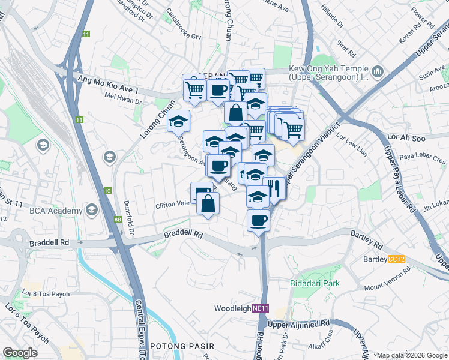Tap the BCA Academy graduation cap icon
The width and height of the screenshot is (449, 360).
[x=91, y=211]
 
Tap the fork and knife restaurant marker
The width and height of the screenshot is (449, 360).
[x=274, y=188]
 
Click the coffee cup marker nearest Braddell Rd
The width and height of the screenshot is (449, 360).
[x=259, y=221]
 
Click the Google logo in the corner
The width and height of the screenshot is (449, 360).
[x=20, y=353]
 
